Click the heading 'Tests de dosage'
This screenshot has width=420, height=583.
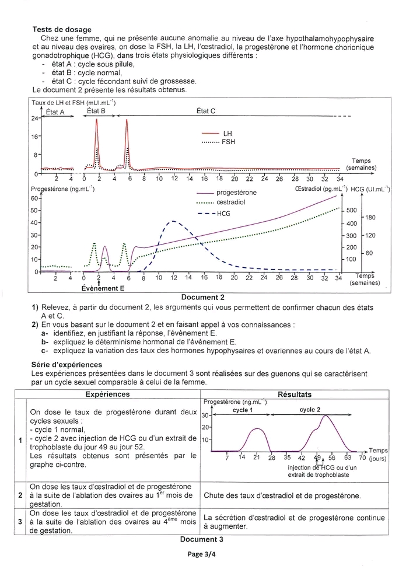point(62,30)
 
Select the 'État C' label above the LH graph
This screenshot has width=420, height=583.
point(206,110)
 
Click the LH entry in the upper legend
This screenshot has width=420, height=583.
point(228,134)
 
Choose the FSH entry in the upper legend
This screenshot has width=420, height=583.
point(229,142)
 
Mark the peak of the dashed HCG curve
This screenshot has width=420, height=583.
point(172,221)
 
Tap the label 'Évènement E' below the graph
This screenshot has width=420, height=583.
point(103,288)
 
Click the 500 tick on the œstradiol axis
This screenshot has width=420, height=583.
point(352,210)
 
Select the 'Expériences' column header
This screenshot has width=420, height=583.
point(111,395)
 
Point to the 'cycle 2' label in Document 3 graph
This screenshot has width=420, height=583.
point(310,410)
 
